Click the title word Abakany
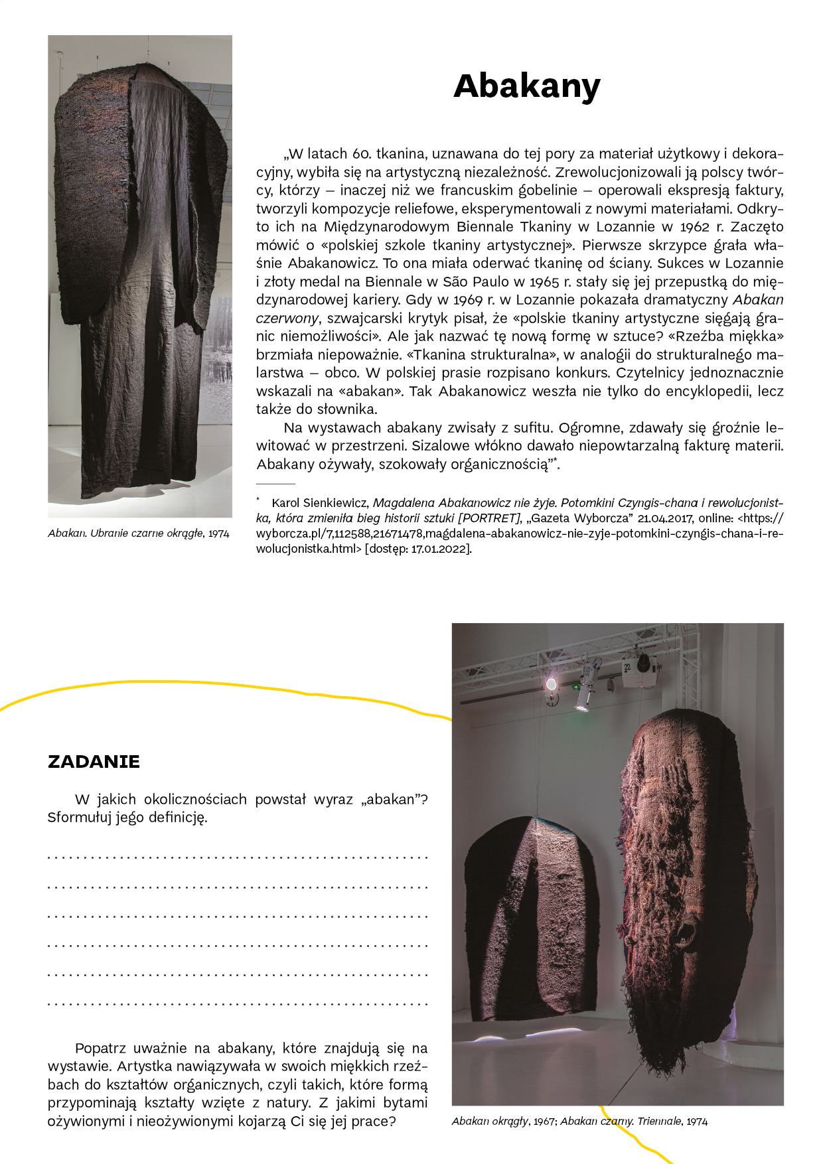tap(526, 86)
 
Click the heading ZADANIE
tap(94, 762)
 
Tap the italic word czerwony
tap(283, 318)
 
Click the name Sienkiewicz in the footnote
tap(337, 503)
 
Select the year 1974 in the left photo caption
tap(218, 534)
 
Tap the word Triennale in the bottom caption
tap(658, 1122)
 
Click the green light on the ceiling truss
tap(575, 687)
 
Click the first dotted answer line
tap(238, 857)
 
